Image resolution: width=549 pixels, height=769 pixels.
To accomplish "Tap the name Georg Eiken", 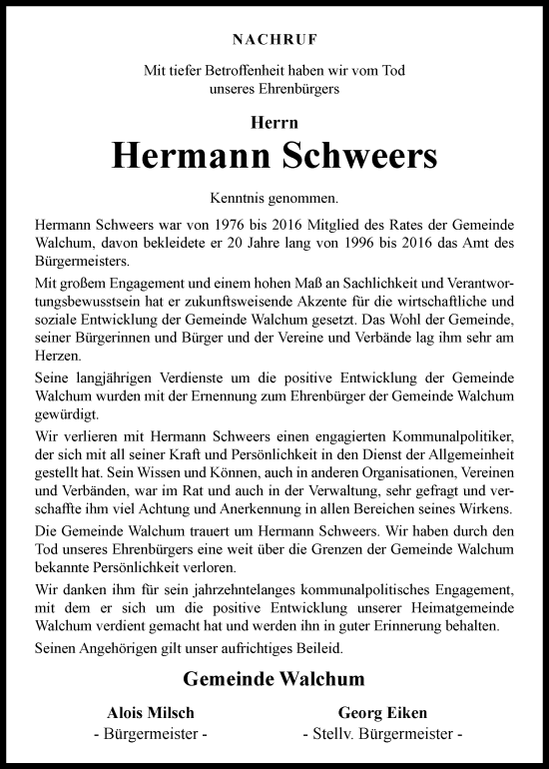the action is pos(383,715).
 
